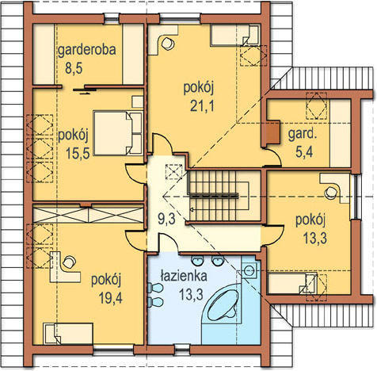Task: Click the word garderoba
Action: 87,50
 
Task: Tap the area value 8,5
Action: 74,68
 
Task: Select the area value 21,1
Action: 202,106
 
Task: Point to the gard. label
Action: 302,134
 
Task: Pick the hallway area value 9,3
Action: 166,219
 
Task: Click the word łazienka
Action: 184,276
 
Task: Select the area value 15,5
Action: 78,153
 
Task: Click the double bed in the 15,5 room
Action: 118,133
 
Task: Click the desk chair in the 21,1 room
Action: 168,44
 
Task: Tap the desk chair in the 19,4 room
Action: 69,262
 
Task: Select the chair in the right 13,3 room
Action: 331,193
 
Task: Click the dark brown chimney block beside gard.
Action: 273,132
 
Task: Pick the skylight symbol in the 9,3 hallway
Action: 173,172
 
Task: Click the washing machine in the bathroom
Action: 249,270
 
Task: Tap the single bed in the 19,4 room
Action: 68,334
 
